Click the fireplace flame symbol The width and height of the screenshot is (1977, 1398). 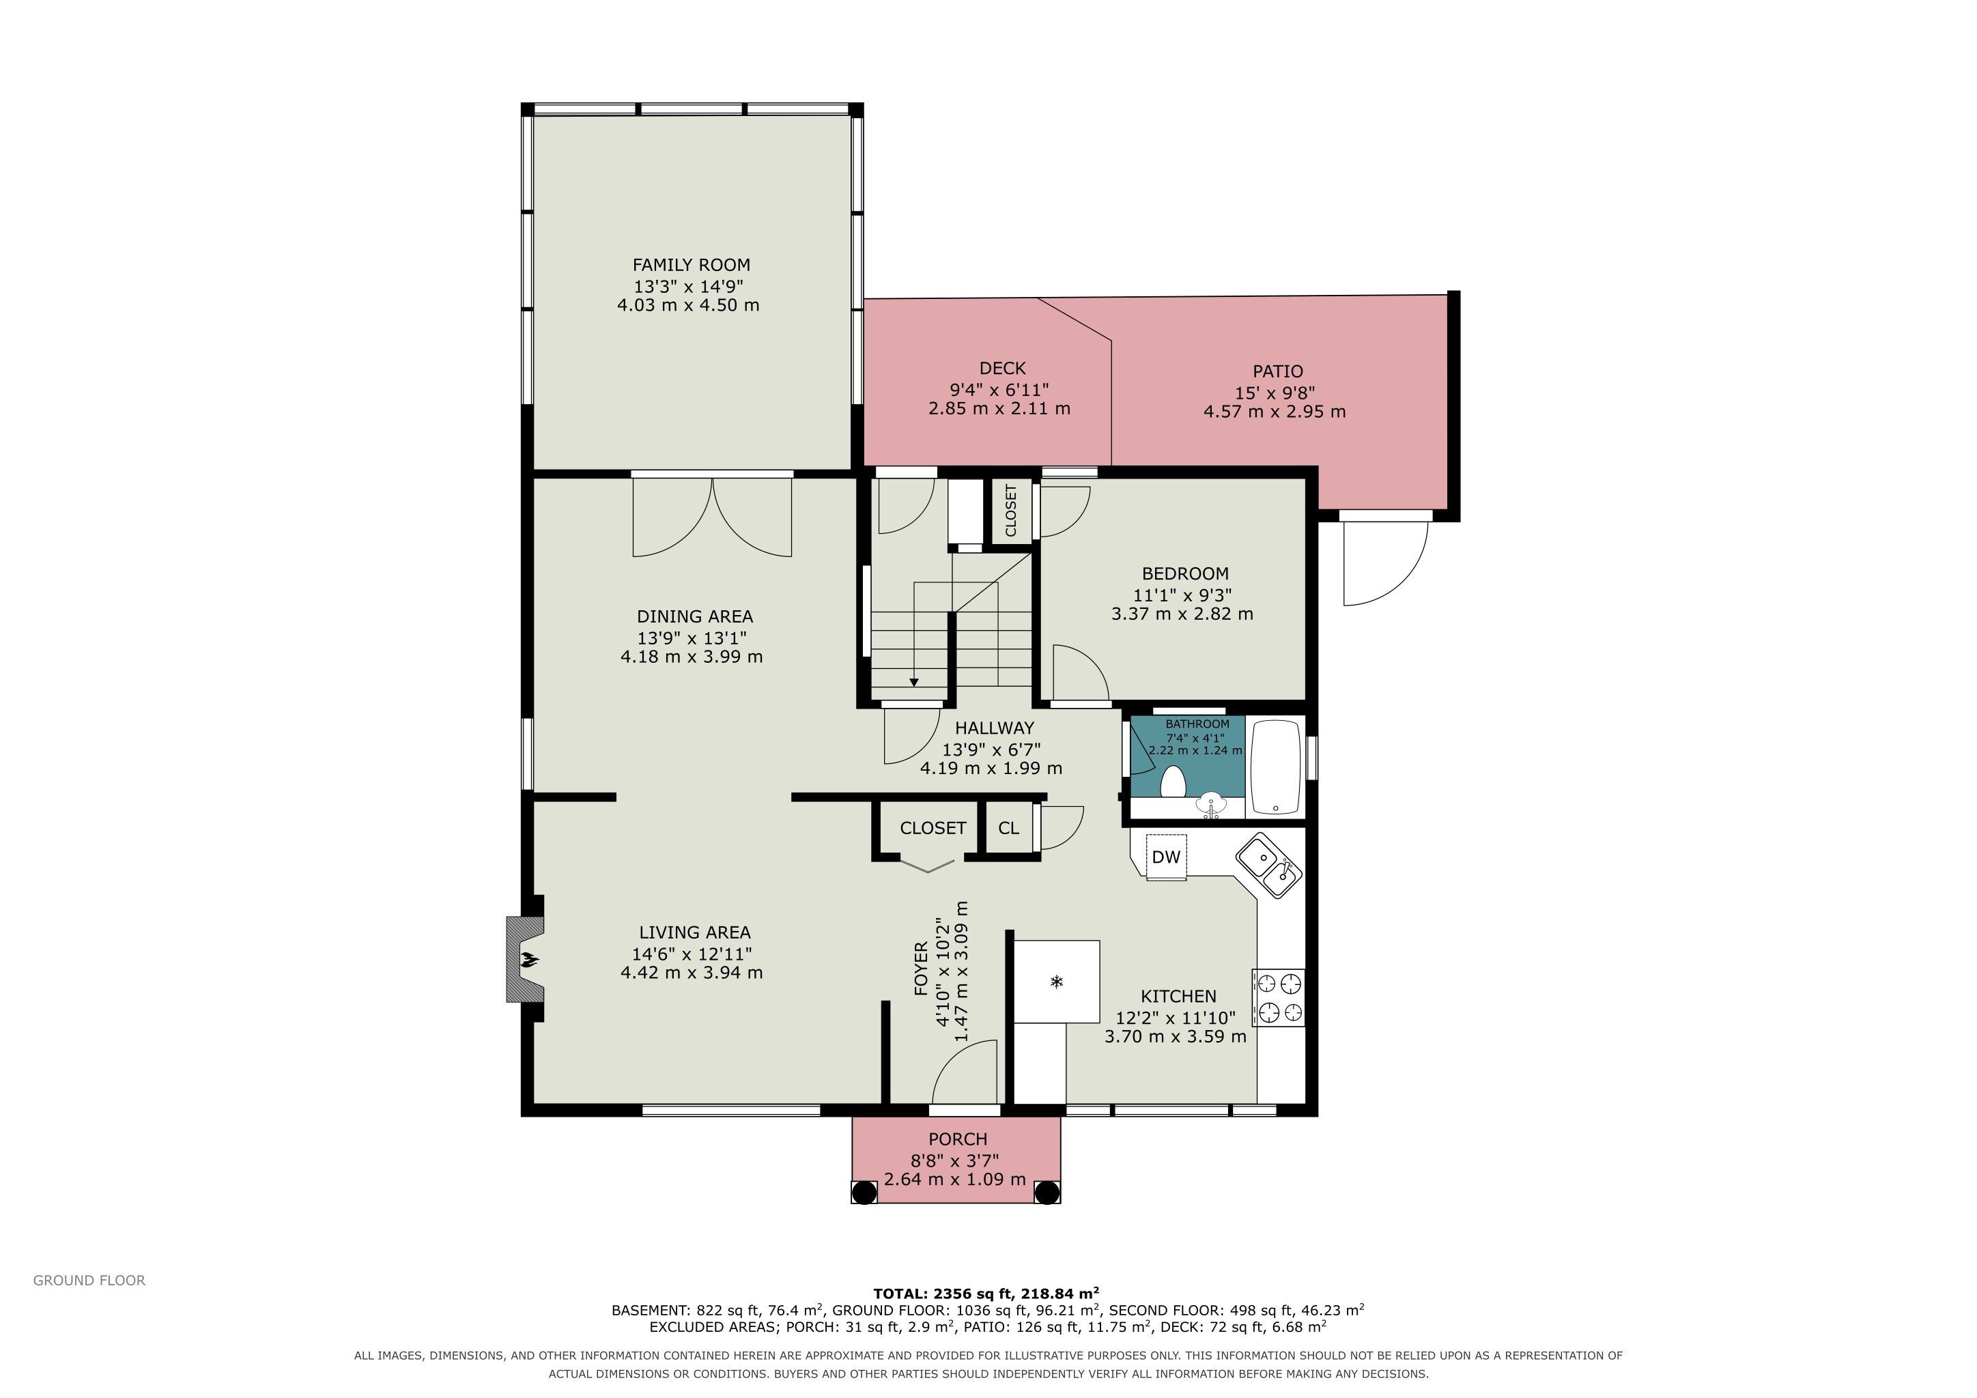point(528,958)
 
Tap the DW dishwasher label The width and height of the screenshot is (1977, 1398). point(1166,857)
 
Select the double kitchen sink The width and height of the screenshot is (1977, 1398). point(1269,865)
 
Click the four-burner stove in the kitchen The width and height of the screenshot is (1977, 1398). point(1278,998)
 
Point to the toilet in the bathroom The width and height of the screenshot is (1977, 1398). point(1173,782)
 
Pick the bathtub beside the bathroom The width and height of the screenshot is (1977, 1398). point(1275,767)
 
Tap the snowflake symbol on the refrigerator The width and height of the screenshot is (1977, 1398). point(1057,982)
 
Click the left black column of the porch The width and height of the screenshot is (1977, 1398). point(864,1193)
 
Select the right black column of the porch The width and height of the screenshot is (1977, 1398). point(1047,1193)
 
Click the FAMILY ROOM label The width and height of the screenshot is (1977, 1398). point(692,265)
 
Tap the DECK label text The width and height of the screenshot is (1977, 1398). point(1002,369)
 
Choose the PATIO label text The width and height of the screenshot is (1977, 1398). point(1278,371)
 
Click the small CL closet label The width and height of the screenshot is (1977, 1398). point(1008,828)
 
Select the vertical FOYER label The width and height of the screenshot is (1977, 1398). point(920,969)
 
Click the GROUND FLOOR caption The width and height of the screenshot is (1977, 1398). point(89,1280)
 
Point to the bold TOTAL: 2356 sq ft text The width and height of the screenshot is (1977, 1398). point(986,1293)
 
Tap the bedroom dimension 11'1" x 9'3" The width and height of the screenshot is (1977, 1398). point(1182,595)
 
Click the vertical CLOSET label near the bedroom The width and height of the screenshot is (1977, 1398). point(1011,510)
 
